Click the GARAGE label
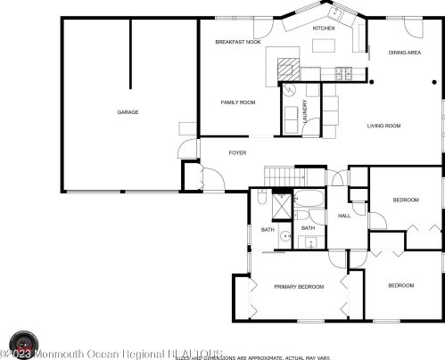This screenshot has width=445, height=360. click(x=128, y=112)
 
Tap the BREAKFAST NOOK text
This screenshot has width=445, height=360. click(x=238, y=43)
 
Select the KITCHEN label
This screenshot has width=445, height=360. click(x=323, y=29)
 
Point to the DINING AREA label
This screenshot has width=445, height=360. click(x=404, y=53)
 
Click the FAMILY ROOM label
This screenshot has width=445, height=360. click(x=238, y=102)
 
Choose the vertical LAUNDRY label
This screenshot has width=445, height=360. click(x=304, y=111)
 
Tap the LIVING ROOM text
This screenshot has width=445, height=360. click(x=383, y=126)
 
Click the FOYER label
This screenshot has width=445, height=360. click(x=237, y=153)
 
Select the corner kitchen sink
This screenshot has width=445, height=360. click(x=337, y=12)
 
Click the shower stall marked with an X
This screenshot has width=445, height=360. click(x=280, y=207)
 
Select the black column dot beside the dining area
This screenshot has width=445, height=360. click(x=372, y=83)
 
